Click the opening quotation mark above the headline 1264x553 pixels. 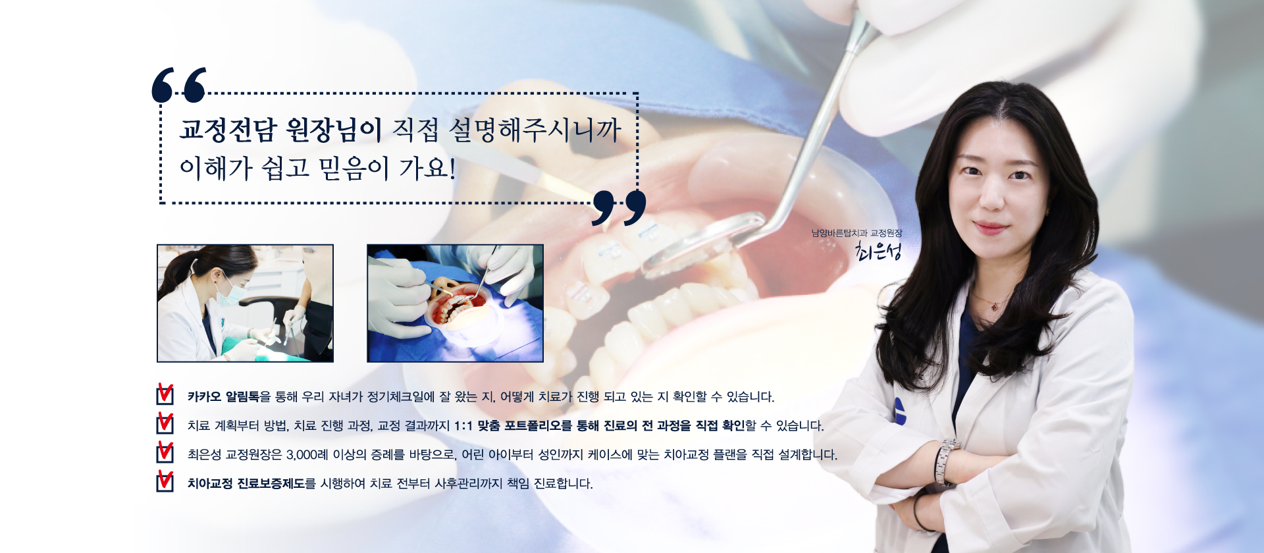pyautogui.click(x=179, y=85)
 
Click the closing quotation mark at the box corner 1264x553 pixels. pyautogui.click(x=619, y=208)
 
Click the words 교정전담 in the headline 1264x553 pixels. pyautogui.click(x=228, y=130)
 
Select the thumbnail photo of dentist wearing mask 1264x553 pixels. pyautogui.click(x=245, y=303)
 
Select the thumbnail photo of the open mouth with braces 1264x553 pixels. pyautogui.click(x=455, y=303)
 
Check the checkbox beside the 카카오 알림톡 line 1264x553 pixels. pyautogui.click(x=165, y=394)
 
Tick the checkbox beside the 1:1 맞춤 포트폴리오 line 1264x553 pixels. pyautogui.click(x=165, y=423)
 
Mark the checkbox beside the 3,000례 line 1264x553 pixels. pyautogui.click(x=165, y=452)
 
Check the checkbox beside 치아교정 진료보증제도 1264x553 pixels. pyautogui.click(x=165, y=481)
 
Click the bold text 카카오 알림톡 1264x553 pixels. pyautogui.click(x=224, y=396)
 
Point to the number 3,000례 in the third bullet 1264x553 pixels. pyautogui.click(x=307, y=454)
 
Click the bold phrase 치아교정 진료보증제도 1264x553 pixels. pyautogui.click(x=246, y=483)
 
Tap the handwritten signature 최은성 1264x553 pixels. pyautogui.click(x=878, y=250)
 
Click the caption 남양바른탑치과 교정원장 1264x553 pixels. pyautogui.click(x=856, y=233)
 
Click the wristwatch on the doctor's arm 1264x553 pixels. pyautogui.click(x=945, y=461)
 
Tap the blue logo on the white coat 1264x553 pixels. pyautogui.click(x=900, y=411)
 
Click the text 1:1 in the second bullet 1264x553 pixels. pyautogui.click(x=463, y=426)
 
